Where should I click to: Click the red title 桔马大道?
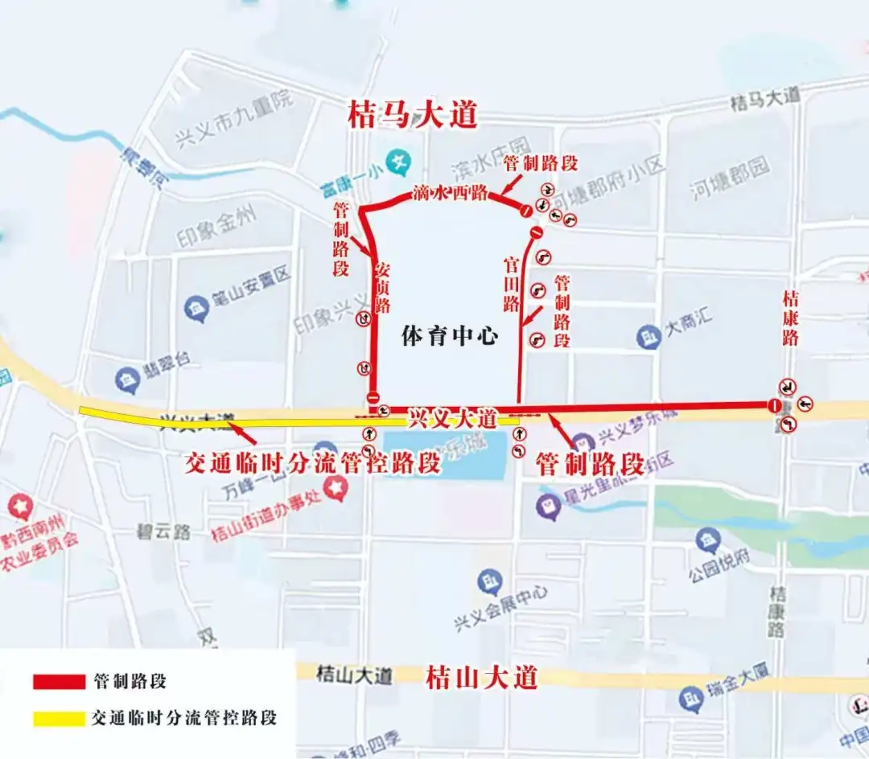coord(413,115)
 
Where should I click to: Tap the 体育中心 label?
coord(451,336)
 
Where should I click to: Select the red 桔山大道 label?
coord(481,677)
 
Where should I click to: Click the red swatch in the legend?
coord(59,682)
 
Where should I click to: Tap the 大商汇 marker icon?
coord(649,336)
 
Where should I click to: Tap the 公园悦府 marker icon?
coord(709,540)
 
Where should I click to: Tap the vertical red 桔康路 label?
coord(791,318)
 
